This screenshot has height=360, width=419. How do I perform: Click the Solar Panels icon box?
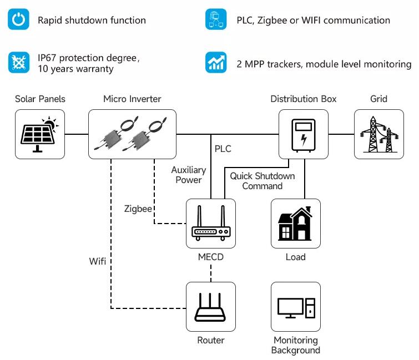[x=39, y=134]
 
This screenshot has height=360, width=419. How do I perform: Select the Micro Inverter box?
[x=132, y=134]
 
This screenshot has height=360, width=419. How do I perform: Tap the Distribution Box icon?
[x=303, y=134]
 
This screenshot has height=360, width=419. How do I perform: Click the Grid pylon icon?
[x=378, y=134]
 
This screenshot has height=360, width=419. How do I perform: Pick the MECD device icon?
[x=210, y=224]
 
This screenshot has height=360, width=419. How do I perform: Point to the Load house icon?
[x=295, y=224]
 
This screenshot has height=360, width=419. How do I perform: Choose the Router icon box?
[x=210, y=307]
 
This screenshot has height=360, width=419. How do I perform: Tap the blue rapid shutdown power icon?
[x=19, y=20]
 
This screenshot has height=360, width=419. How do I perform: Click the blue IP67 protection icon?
[x=19, y=62]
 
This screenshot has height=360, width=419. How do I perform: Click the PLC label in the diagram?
[x=223, y=149]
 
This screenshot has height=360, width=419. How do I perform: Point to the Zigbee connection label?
[x=138, y=209]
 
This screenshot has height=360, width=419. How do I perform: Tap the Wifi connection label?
[x=98, y=260]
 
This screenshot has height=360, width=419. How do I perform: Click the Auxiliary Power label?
[x=188, y=175]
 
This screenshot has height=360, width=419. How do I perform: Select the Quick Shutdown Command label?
[x=262, y=181]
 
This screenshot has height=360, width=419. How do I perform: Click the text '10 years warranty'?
[x=75, y=69]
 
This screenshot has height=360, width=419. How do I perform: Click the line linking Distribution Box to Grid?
[x=341, y=134]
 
